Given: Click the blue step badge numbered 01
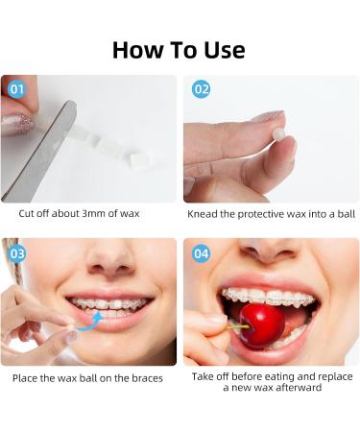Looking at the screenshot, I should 15,89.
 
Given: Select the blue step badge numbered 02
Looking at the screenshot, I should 200,89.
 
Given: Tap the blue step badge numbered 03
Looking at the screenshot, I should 16,253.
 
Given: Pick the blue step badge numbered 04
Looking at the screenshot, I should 200,253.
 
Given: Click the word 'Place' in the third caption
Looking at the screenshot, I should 27,378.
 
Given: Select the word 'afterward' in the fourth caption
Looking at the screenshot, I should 300,389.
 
